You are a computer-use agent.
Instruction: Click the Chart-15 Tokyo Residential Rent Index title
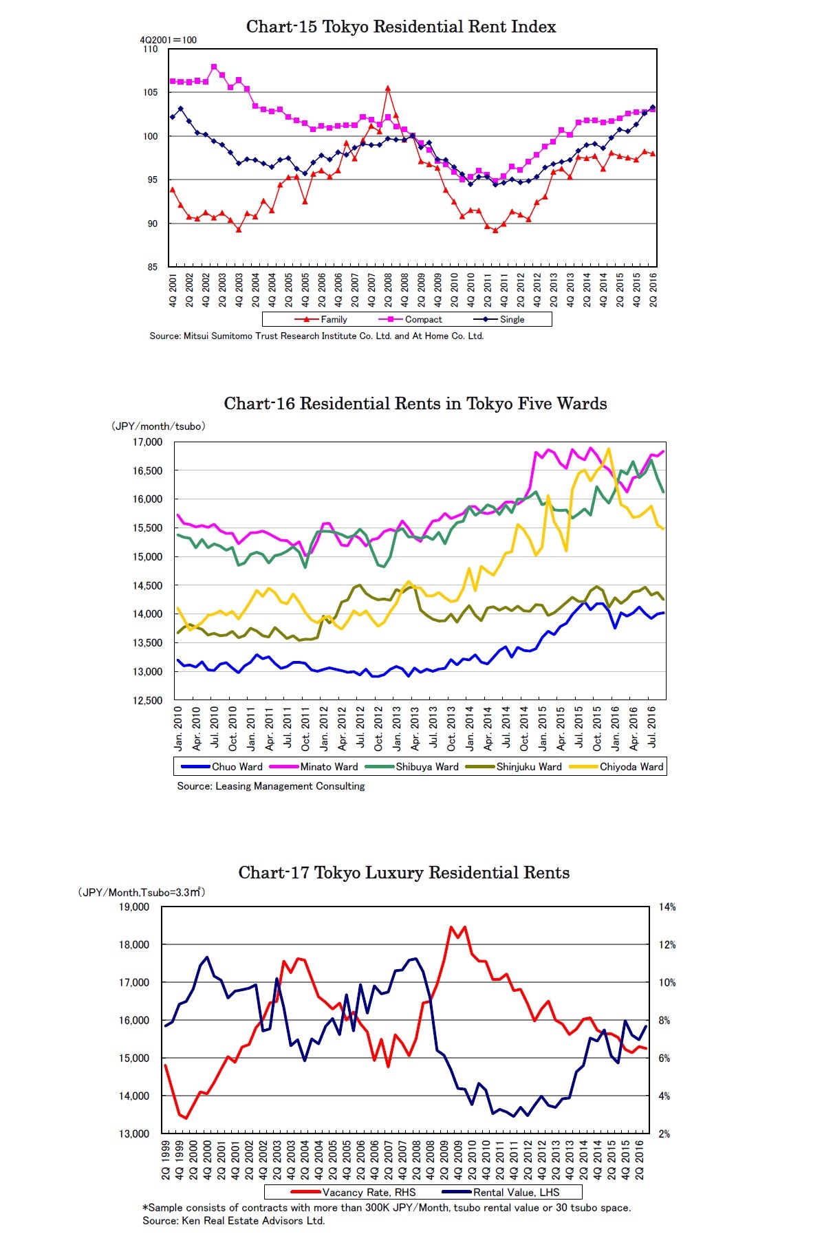[401, 27]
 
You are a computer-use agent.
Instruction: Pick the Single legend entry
[499, 319]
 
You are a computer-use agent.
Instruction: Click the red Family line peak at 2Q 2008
[388, 88]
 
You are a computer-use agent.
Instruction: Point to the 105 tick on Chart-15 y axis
[150, 92]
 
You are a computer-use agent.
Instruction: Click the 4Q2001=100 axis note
[169, 40]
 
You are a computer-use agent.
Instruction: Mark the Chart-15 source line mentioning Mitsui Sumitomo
[316, 336]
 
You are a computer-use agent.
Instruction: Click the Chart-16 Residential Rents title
[415, 404]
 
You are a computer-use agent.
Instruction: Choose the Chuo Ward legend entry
[221, 767]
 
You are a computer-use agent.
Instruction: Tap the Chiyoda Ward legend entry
[616, 767]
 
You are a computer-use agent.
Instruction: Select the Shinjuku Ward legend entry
[514, 767]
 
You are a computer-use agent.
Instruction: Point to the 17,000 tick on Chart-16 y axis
[147, 442]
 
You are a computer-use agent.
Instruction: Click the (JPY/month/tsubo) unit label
[158, 426]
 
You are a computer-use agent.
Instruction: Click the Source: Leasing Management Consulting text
[271, 786]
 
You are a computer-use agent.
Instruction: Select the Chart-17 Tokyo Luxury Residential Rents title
[404, 873]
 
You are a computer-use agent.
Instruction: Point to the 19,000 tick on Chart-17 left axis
[134, 907]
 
